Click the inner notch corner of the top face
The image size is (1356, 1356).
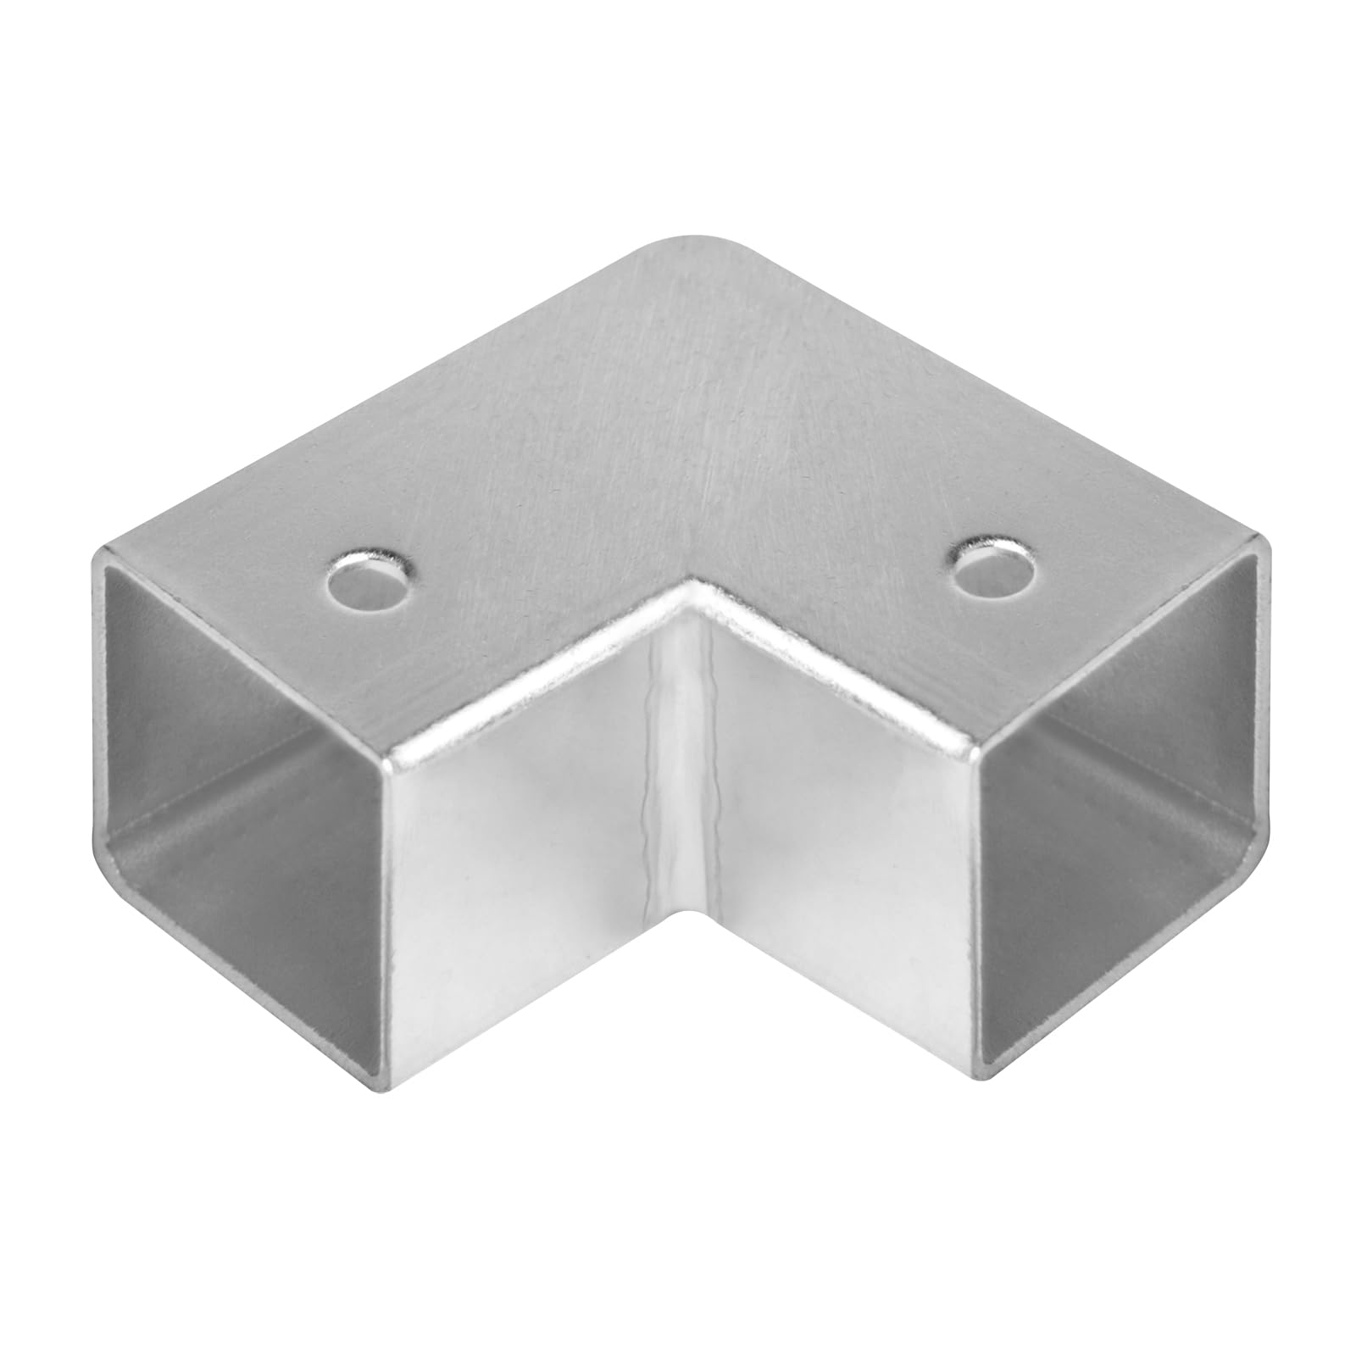[x=693, y=585]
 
